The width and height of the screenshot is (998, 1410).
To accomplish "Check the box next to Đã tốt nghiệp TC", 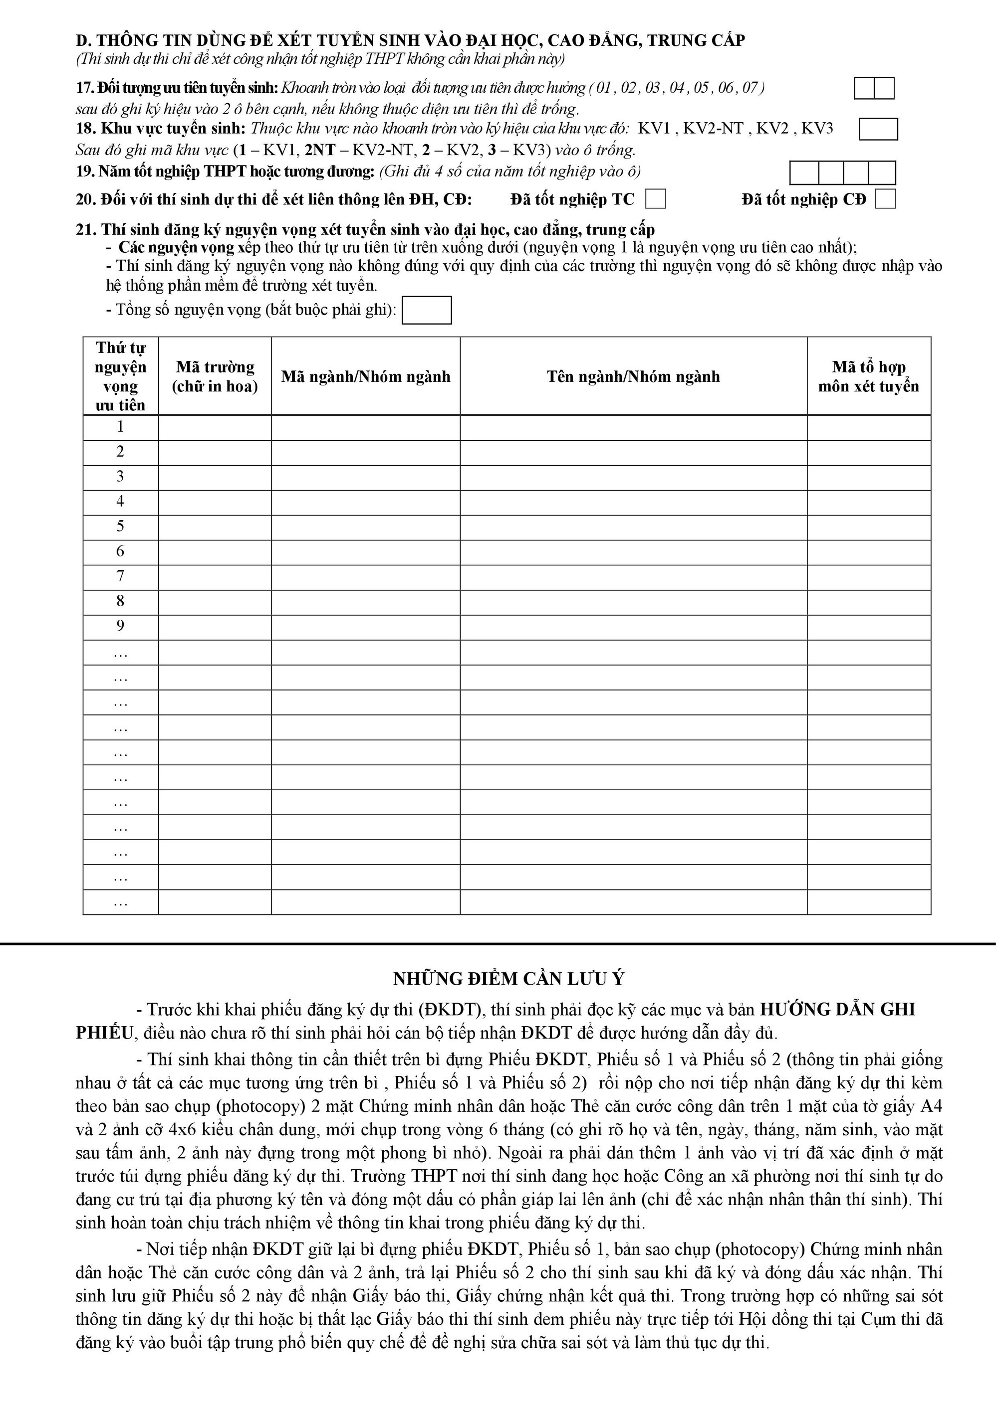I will click(x=656, y=199).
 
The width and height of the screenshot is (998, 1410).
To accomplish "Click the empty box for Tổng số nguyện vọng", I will click(x=427, y=310).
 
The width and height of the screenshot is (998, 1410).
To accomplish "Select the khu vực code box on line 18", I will click(x=878, y=129).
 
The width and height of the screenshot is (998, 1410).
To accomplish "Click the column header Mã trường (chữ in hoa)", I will click(x=215, y=376).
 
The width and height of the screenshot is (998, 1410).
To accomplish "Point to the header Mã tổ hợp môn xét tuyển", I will click(x=868, y=376).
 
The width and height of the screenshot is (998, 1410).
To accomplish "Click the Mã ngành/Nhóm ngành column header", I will click(x=366, y=376).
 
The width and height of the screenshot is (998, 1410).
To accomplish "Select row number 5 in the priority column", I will click(x=120, y=527).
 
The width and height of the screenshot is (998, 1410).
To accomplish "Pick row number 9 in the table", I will click(x=120, y=626).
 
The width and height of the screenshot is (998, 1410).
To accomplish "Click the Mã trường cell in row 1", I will click(x=215, y=427).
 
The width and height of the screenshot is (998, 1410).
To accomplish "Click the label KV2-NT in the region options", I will click(x=713, y=129).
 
